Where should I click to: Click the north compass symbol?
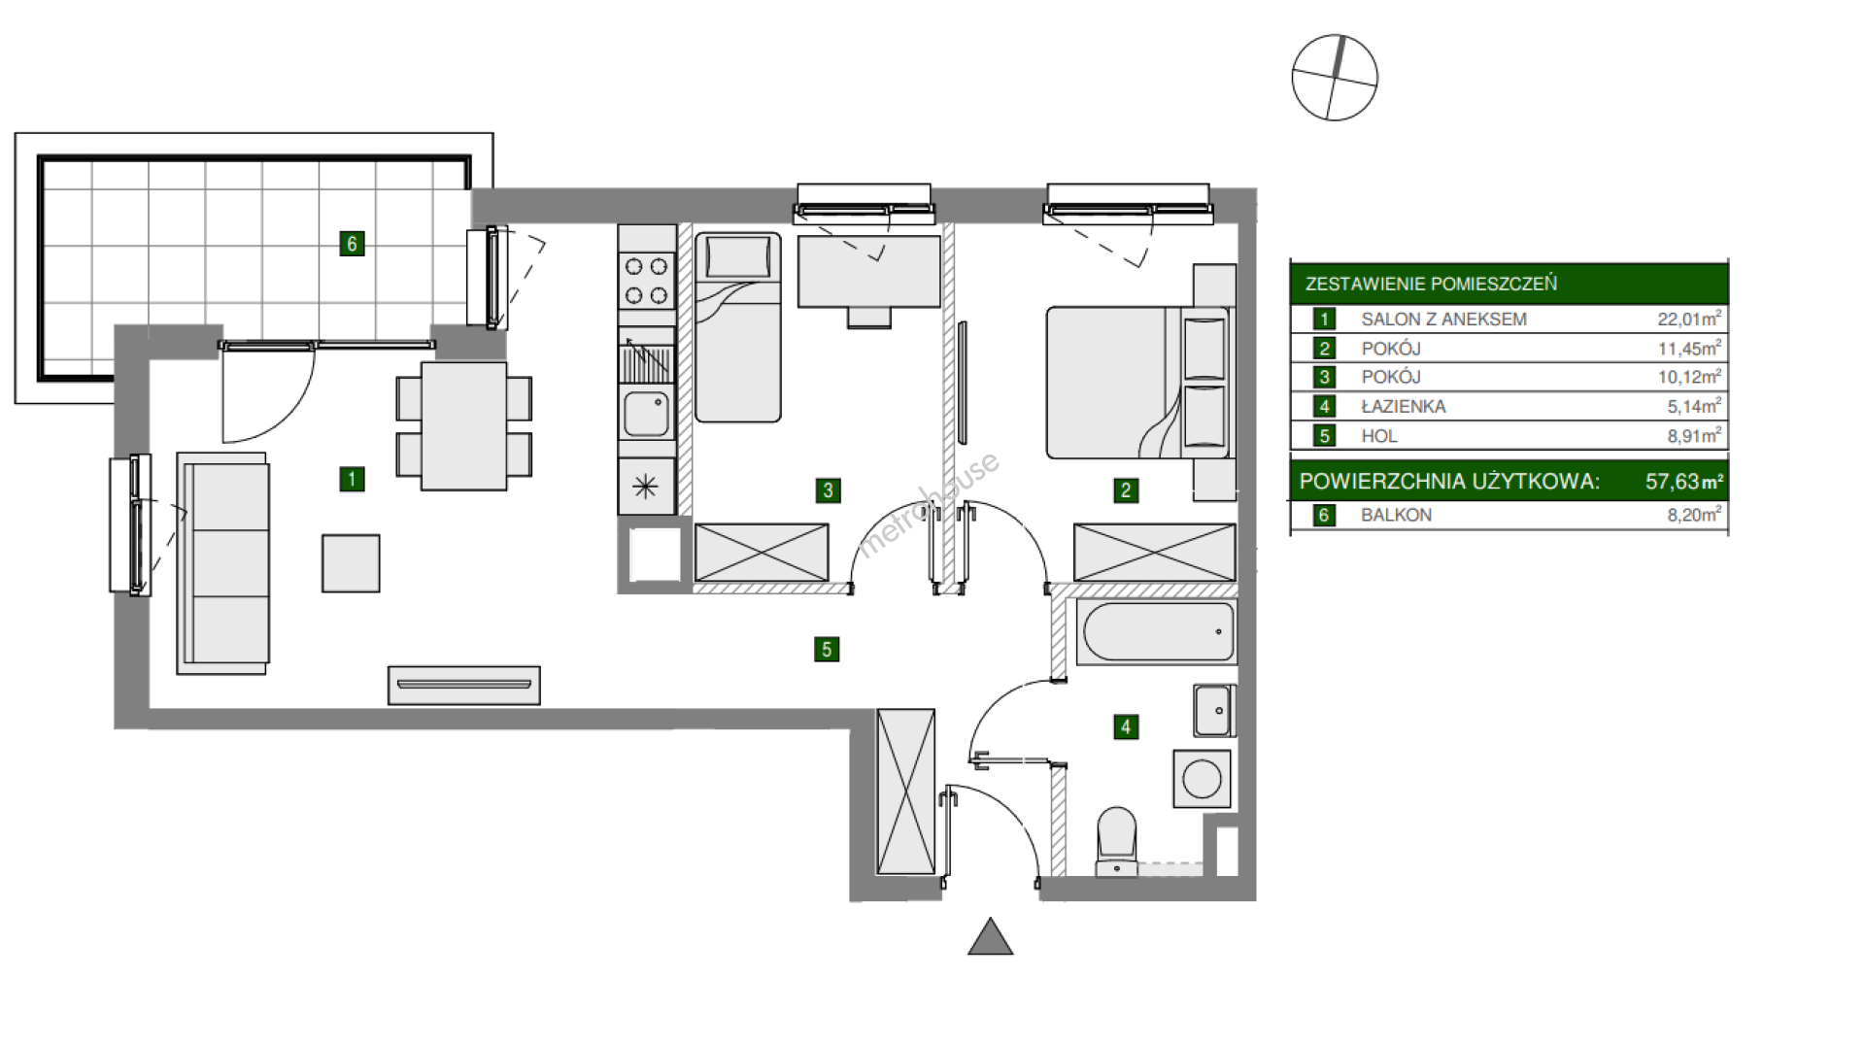coord(1335,78)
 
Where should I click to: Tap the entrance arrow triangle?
coord(991,938)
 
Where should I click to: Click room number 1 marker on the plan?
coord(352,479)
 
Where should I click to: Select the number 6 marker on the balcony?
coord(352,244)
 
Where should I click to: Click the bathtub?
coord(1156,632)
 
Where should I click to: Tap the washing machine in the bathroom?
coord(1202,778)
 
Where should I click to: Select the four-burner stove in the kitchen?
coord(647,281)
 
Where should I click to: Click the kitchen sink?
coord(646,414)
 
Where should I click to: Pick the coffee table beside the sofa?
coord(351,563)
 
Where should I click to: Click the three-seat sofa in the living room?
coord(223,563)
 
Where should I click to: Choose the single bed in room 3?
coord(738,327)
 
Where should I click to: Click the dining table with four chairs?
coord(464,426)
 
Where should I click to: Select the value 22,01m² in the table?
coord(1689,319)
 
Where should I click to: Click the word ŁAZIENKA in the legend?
coord(1403,407)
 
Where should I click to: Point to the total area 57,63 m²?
coord(1683,482)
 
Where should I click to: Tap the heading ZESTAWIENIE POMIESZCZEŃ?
coord(1431,284)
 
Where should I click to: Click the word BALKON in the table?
coord(1396,516)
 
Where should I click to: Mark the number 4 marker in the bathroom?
coord(1126,726)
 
